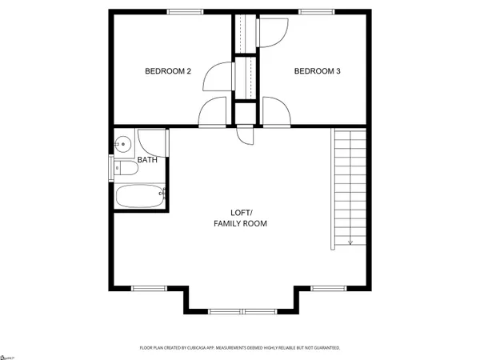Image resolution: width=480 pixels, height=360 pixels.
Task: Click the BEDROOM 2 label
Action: pyautogui.click(x=167, y=71)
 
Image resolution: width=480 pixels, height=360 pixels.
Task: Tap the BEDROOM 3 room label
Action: pyautogui.click(x=318, y=71)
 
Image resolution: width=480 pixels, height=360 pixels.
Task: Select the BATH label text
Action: pyautogui.click(x=147, y=160)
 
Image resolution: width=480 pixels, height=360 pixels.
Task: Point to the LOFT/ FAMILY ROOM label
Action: pyautogui.click(x=240, y=218)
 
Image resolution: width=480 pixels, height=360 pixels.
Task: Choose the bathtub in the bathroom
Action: pyautogui.click(x=141, y=197)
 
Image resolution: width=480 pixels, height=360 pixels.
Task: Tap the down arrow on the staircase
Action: pyautogui.click(x=350, y=240)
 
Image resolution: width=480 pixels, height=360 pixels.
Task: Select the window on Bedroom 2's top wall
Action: pyautogui.click(x=185, y=11)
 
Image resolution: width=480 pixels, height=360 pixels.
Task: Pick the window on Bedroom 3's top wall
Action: pyautogui.click(x=313, y=11)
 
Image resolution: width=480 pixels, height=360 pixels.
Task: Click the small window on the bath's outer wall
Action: pyautogui.click(x=111, y=169)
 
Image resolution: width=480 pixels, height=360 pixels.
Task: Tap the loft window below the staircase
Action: pyautogui.click(x=325, y=287)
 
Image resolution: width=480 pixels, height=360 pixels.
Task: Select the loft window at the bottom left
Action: pyautogui.click(x=144, y=287)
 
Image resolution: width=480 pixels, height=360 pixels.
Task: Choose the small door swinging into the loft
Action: pyautogui.click(x=246, y=134)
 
